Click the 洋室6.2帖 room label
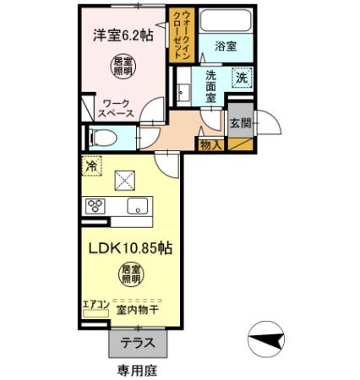click(123, 35)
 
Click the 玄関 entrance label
click(239, 123)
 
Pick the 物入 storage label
click(210, 145)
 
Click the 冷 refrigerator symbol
click(92, 166)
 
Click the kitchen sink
click(137, 205)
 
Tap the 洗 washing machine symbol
click(242, 79)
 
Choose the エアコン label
click(95, 305)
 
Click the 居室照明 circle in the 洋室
click(123, 65)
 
